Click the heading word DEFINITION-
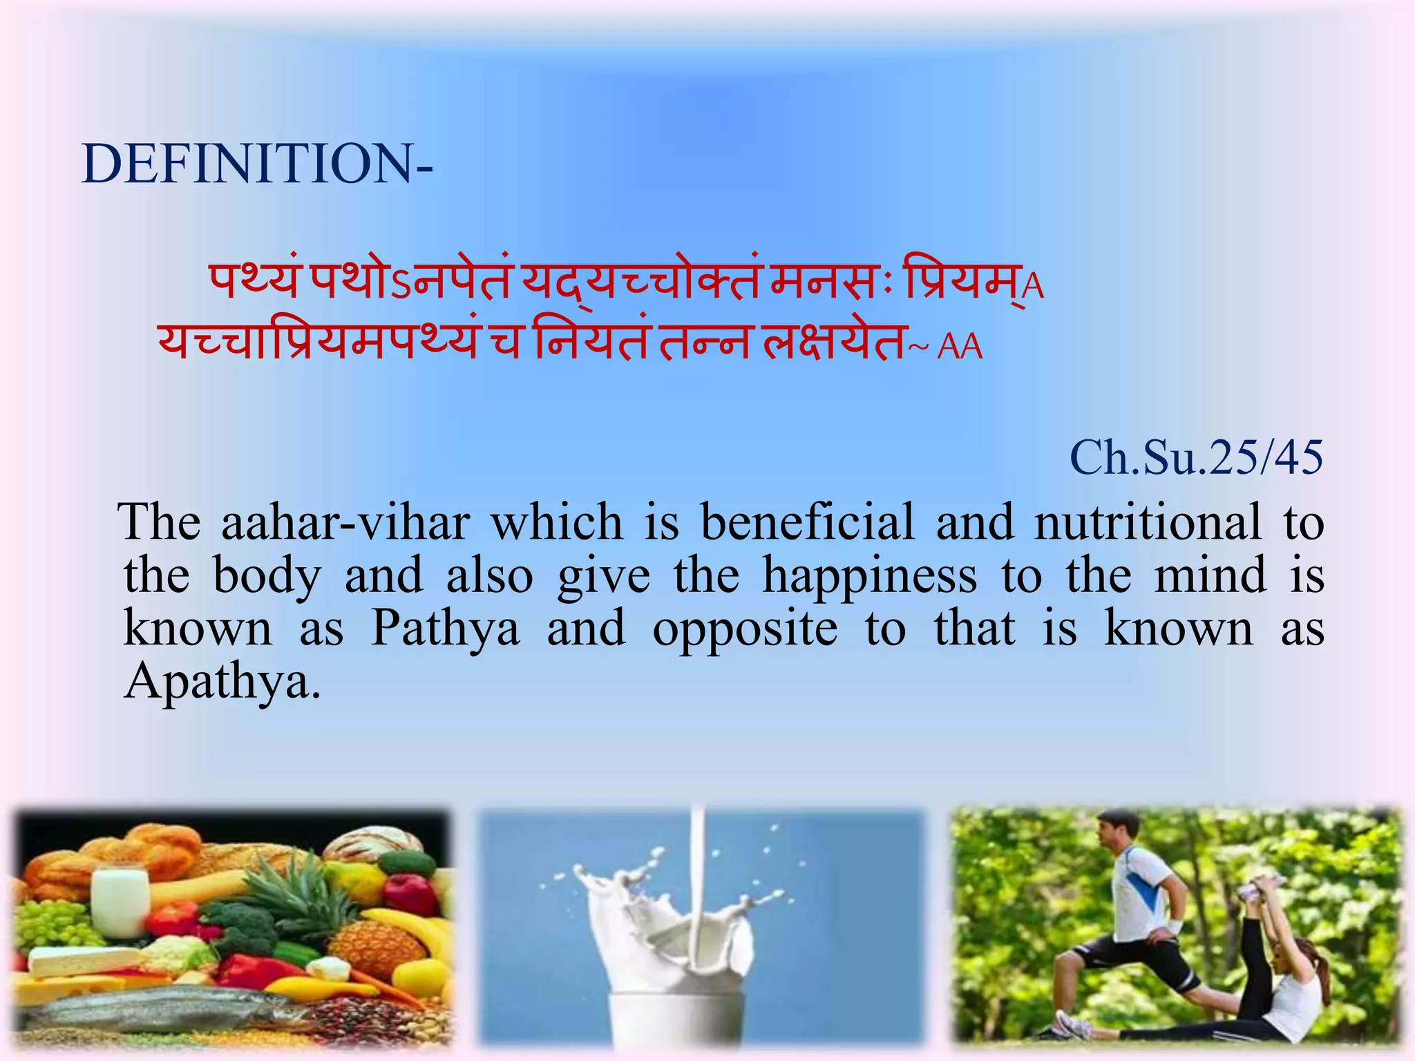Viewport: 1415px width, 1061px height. point(257,164)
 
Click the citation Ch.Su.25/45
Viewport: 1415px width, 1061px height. point(1196,458)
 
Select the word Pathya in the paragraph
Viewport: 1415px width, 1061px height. point(445,629)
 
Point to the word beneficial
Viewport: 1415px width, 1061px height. point(807,522)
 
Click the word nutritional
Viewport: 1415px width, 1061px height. point(1147,522)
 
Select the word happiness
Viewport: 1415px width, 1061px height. point(869,575)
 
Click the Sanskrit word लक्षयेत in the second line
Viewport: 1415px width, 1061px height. point(833,341)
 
